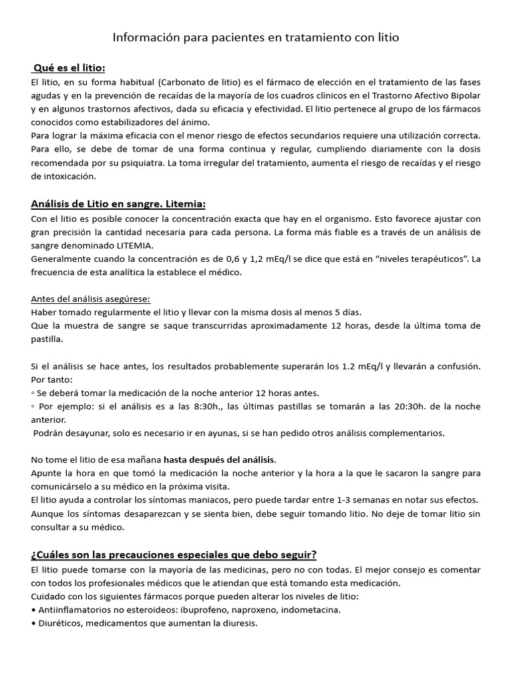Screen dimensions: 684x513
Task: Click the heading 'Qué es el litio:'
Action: click(69, 68)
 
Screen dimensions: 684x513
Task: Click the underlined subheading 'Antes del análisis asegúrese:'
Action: click(91, 299)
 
